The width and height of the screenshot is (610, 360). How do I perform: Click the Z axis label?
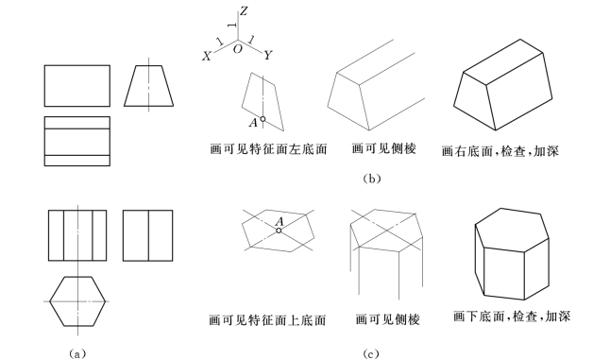click(x=244, y=11)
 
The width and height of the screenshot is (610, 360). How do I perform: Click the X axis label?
click(x=207, y=57)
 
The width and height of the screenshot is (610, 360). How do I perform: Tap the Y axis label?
click(x=267, y=55)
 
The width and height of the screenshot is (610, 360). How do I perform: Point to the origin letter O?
click(x=237, y=49)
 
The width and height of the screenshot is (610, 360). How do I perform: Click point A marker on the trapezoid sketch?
click(x=263, y=119)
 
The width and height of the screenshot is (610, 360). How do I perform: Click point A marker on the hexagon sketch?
click(x=279, y=231)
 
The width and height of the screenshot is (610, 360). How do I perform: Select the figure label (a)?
click(x=77, y=353)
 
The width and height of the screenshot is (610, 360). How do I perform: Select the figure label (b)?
click(x=371, y=179)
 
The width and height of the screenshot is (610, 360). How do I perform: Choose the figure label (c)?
click(x=371, y=353)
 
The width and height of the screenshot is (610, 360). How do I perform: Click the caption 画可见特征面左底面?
click(x=268, y=149)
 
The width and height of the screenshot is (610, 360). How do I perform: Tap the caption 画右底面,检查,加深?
click(x=500, y=150)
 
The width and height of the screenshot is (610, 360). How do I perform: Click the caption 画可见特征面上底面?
click(x=267, y=320)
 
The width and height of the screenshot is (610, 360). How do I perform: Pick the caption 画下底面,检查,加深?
click(x=512, y=316)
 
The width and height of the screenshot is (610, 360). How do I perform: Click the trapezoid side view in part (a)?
click(x=149, y=86)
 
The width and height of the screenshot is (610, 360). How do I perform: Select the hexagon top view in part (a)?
click(x=77, y=301)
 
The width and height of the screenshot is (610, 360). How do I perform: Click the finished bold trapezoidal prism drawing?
click(x=503, y=84)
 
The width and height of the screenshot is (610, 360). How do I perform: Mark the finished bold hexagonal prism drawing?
click(x=513, y=254)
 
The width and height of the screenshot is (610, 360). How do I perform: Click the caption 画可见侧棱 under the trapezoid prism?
click(x=384, y=148)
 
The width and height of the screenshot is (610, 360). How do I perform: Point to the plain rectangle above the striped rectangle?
click(x=77, y=86)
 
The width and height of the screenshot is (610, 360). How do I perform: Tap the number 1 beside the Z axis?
click(x=233, y=26)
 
